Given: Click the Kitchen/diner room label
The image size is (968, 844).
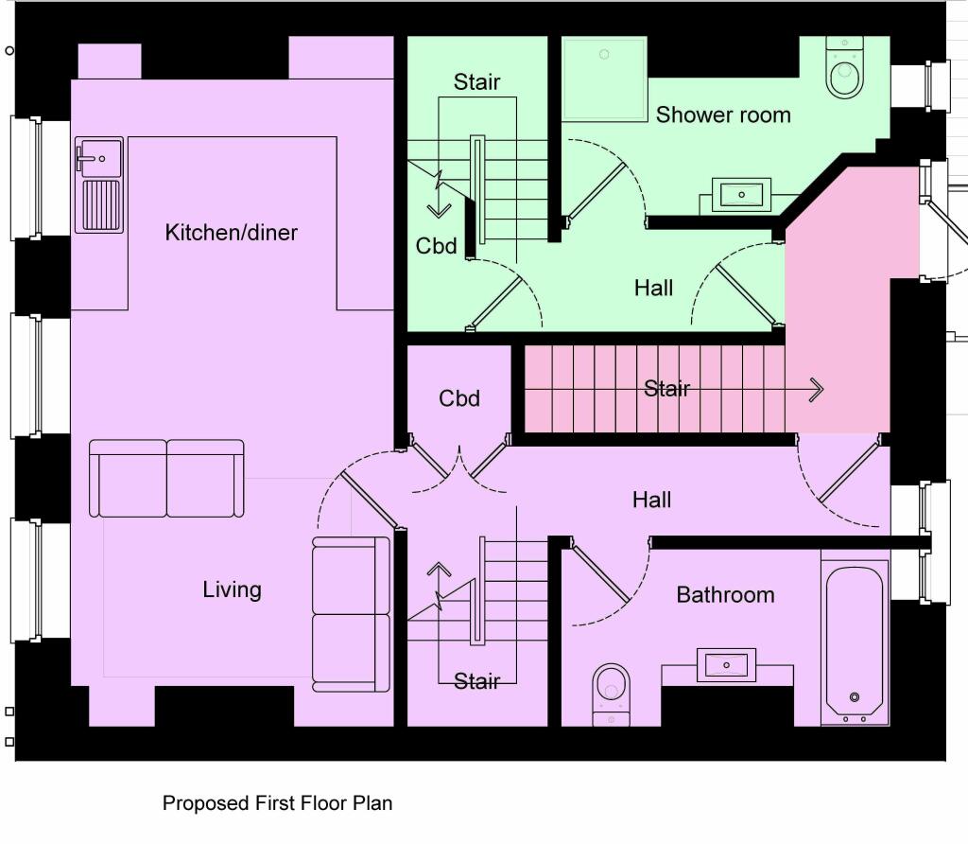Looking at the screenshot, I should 231,233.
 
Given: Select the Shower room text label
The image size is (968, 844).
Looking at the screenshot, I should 723,115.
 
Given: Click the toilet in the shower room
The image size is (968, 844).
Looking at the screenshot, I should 844,69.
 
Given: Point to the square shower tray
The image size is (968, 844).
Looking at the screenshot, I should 605,79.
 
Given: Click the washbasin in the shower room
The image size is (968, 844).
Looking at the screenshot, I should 741,196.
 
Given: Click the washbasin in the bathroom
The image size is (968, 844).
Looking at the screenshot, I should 726,665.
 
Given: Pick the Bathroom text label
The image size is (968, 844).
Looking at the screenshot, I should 725,595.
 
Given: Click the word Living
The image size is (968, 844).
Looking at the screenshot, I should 232,590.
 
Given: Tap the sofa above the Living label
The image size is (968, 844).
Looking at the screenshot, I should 166,478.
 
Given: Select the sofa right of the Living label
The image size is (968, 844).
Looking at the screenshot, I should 351,613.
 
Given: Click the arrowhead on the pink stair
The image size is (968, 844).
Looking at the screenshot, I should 816,389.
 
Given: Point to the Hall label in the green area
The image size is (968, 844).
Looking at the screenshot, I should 653,288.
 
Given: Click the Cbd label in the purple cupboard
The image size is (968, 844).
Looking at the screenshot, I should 459,398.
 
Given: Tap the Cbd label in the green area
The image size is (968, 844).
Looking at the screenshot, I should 436,246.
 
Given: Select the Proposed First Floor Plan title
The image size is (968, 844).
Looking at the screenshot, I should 277,803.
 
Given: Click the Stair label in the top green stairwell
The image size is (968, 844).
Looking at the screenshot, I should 476,82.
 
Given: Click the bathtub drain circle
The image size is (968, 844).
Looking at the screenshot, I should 855,697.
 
